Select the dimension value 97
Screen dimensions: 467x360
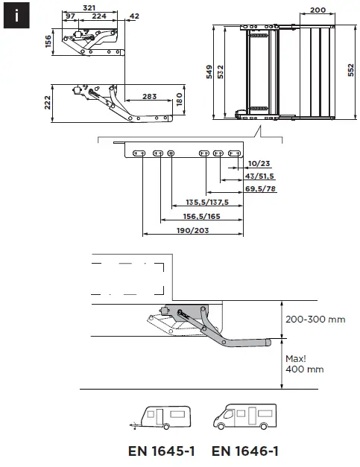tap(71, 16)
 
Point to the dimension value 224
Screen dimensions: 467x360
tap(98, 16)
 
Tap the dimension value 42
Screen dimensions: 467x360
tap(134, 16)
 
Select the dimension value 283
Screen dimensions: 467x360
tap(148, 97)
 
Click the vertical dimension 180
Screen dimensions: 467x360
tap(179, 99)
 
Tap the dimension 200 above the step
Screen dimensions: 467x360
tap(318, 10)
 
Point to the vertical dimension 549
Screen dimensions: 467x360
tap(211, 72)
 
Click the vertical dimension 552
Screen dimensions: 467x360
tap(350, 71)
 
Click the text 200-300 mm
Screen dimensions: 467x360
tap(315, 320)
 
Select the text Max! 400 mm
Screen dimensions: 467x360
tap(305, 363)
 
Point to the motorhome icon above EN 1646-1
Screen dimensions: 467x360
tap(245, 417)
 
